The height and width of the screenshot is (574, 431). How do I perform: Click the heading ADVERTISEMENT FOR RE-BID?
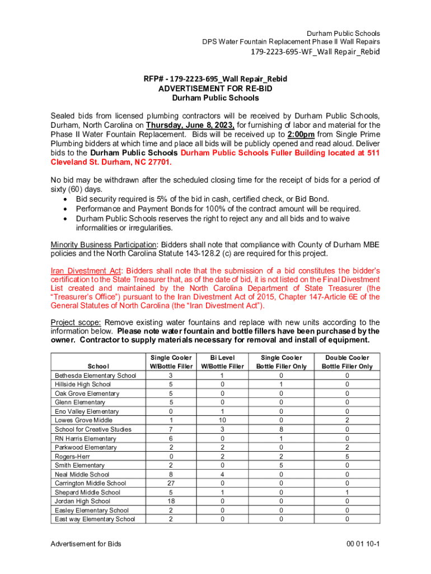pyautogui.click(x=215, y=89)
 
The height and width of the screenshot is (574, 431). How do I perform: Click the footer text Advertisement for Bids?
pyautogui.click(x=86, y=544)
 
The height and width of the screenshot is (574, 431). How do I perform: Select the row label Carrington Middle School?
pyautogui.click(x=91, y=483)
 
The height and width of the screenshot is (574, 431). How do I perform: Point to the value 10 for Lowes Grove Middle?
pyautogui.click(x=222, y=420)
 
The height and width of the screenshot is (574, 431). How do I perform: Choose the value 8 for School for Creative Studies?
pyautogui.click(x=281, y=429)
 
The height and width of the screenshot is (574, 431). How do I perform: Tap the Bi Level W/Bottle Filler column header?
pyautogui.click(x=222, y=362)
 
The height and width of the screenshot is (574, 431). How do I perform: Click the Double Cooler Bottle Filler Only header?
pyautogui.click(x=347, y=362)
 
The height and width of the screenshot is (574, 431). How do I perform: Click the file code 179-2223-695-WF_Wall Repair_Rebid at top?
pyautogui.click(x=315, y=52)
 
